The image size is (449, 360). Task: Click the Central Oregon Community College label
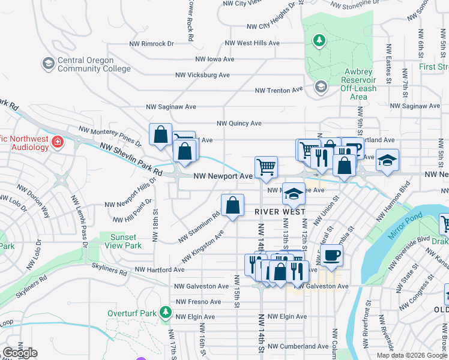94,64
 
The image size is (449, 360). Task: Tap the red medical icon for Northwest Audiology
58,142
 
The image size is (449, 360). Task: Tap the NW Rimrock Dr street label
151,44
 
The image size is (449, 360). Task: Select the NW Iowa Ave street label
214,59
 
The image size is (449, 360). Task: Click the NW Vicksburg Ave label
202,75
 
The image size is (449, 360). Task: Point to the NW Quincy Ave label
239,123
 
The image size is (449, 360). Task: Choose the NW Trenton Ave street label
279,90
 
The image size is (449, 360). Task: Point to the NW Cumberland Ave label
298,346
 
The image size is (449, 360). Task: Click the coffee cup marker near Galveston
330,256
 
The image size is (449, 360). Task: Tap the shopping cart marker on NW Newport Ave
266,167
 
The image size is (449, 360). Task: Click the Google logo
19,353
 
